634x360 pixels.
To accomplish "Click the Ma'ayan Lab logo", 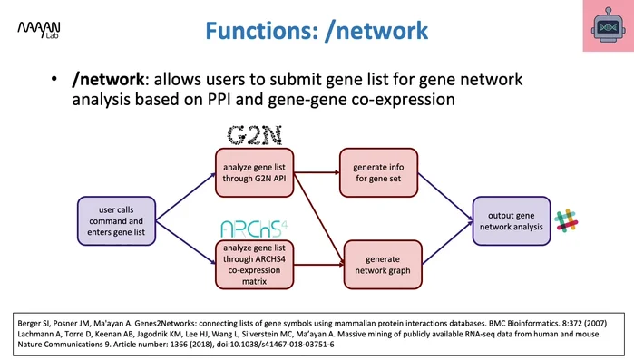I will pyautogui.click(x=35, y=32).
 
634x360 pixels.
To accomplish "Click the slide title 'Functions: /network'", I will pyautogui.click(x=316, y=31).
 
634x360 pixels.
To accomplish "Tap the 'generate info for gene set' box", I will pyautogui.click(x=379, y=172).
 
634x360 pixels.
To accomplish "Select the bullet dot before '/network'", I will pyautogui.click(x=55, y=80).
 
